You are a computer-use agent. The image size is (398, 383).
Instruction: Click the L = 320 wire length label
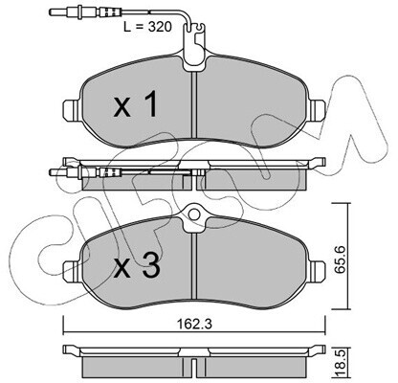click(147, 27)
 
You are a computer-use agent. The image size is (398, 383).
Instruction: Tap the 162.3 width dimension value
click(194, 325)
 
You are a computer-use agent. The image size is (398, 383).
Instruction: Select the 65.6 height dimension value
click(339, 256)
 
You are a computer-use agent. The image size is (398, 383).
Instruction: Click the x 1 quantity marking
click(136, 104)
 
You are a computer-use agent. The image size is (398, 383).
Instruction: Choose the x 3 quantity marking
click(137, 267)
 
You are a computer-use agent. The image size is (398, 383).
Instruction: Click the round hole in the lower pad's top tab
click(194, 214)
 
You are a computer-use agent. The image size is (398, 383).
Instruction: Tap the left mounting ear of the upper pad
click(71, 110)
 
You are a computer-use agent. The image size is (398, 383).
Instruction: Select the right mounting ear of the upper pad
click(318, 110)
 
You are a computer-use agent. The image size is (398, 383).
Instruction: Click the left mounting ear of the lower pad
click(71, 271)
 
